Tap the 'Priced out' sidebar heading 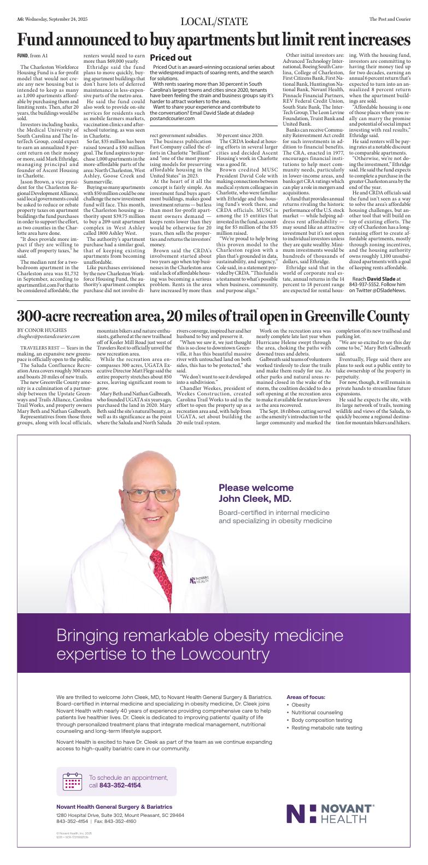point(171,57)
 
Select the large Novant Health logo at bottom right point(331,814)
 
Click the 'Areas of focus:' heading point(306,697)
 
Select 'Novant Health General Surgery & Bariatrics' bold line point(114,807)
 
